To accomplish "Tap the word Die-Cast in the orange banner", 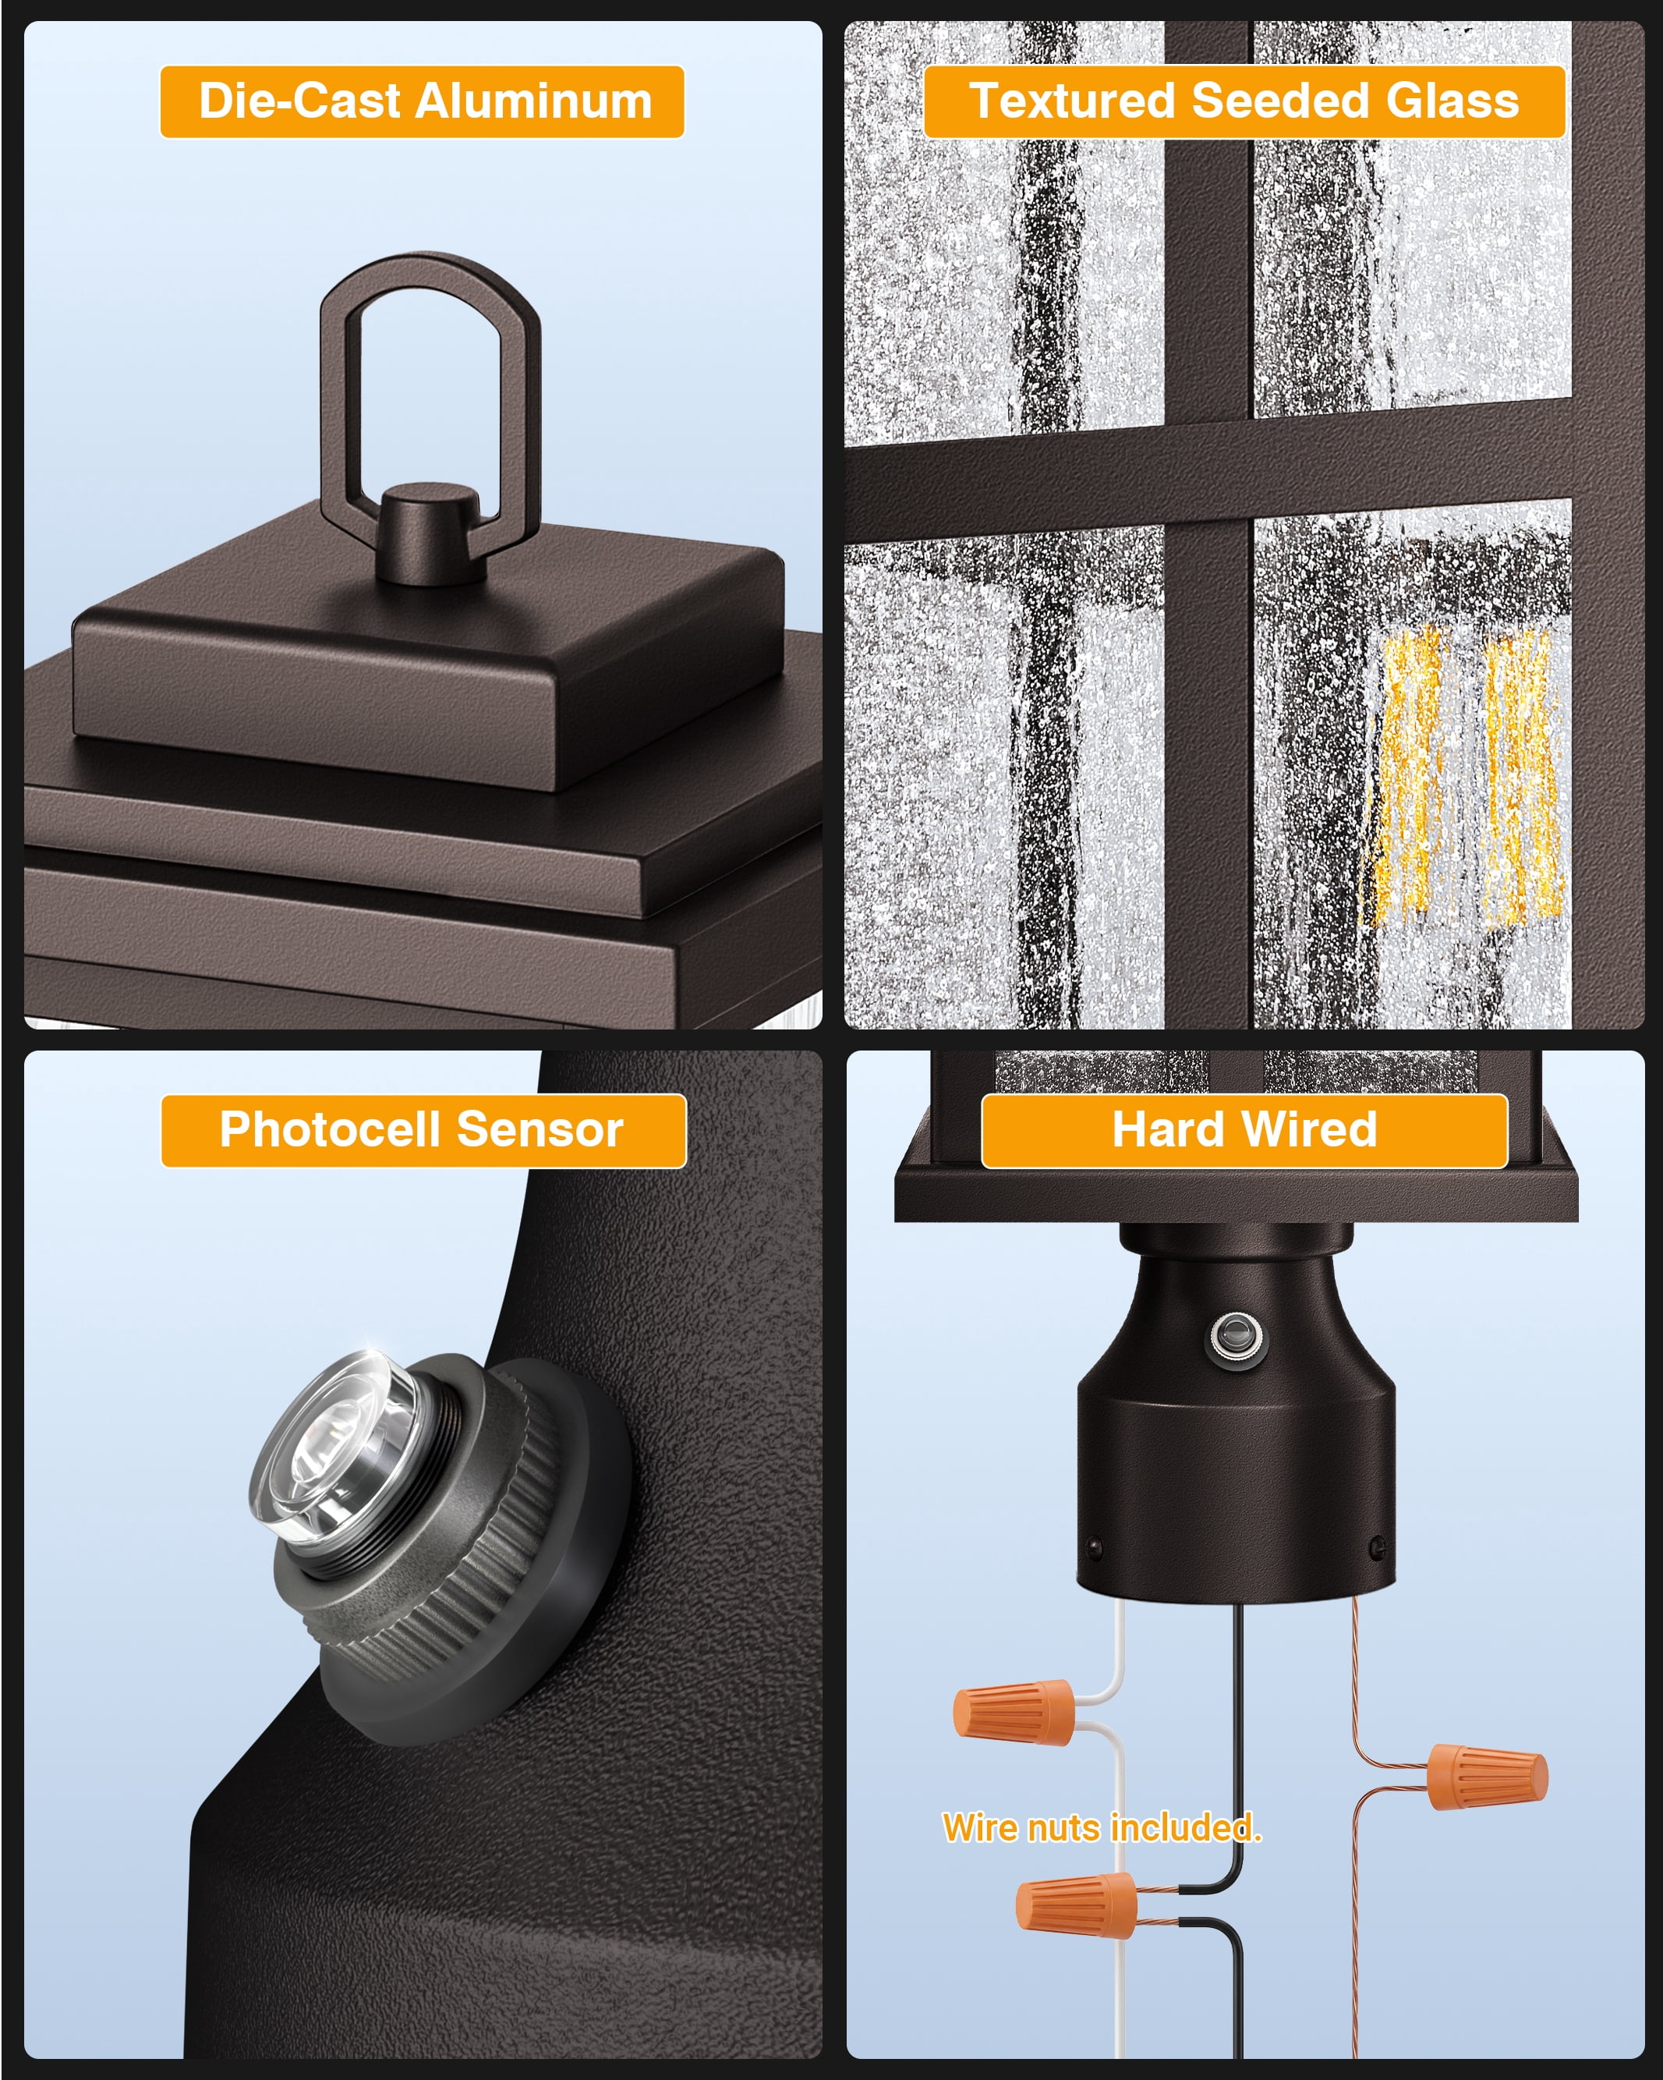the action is pos(299,101).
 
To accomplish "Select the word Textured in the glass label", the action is pos(1073,101).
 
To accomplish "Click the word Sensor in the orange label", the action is pos(540,1130).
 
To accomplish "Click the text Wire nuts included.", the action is pos(1102,1828).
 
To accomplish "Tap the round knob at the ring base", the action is pos(428,533).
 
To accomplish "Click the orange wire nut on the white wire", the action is pos(1014,1713).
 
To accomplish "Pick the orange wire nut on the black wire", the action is pos(1077,1904).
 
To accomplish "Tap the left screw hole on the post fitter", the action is pos(1094,1547).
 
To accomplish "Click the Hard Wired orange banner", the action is pos(1244,1131).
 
